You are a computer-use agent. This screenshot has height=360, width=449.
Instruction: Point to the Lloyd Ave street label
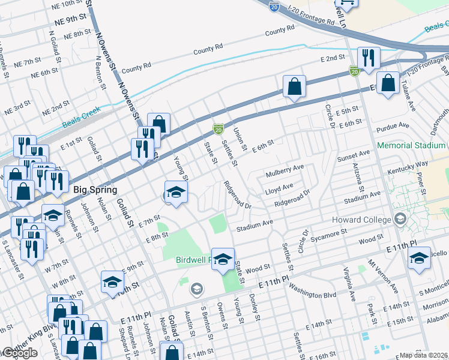tap(279, 188)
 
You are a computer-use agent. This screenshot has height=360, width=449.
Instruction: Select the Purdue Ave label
tap(391, 128)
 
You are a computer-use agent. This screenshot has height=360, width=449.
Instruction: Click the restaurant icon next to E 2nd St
tap(367, 58)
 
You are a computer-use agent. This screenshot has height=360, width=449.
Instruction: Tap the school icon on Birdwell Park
tap(223, 259)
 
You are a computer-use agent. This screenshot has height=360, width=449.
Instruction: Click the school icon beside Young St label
tap(175, 192)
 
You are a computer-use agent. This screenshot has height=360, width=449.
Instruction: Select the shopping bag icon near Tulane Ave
tap(388, 83)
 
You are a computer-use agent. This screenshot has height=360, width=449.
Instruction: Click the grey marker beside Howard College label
tap(399, 220)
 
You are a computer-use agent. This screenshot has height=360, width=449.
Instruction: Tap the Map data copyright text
tap(424, 355)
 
